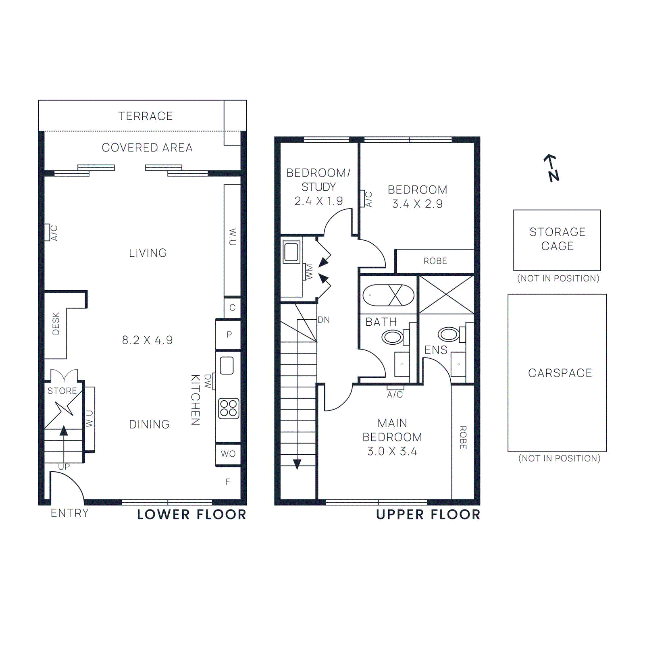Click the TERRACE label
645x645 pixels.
coord(146,116)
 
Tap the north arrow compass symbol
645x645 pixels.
coord(551,168)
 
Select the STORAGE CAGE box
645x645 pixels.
coord(557,240)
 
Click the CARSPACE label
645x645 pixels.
coord(560,373)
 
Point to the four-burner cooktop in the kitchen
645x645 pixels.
coord(228,408)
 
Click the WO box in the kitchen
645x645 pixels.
coord(228,454)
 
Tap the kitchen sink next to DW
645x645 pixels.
coord(227,366)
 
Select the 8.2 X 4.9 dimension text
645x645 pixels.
coord(147,340)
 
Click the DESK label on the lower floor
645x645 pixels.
coord(56,323)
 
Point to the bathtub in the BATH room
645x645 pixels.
coord(388,295)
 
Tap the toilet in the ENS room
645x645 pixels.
coord(449,334)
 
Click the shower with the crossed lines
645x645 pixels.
coord(446,295)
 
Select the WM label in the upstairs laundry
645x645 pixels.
coord(309,272)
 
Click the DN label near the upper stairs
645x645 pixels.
coord(323,320)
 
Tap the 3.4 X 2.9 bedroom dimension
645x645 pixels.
coord(417,204)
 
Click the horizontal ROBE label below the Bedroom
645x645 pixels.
coord(435,261)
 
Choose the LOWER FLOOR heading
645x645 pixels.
coord(191,515)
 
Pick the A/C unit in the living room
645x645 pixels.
coord(48,232)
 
